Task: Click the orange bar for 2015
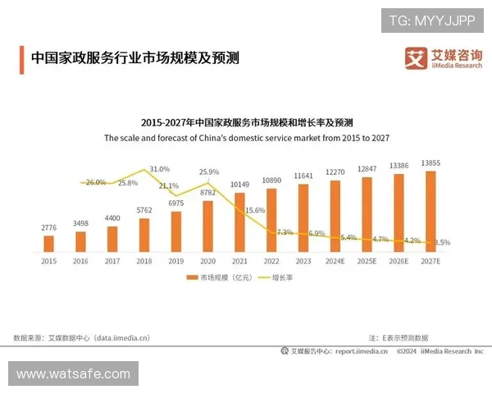(48, 243)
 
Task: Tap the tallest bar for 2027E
(430, 211)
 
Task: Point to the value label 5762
(144, 210)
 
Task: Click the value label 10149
(239, 184)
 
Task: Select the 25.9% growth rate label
(209, 172)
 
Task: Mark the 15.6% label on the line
(255, 210)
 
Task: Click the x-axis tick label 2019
(175, 260)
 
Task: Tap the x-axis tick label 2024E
(335, 260)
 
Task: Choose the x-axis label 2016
(80, 260)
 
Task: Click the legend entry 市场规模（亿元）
(215, 278)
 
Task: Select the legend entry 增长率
(276, 278)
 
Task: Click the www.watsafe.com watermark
(73, 374)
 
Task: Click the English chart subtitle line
(246, 139)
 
